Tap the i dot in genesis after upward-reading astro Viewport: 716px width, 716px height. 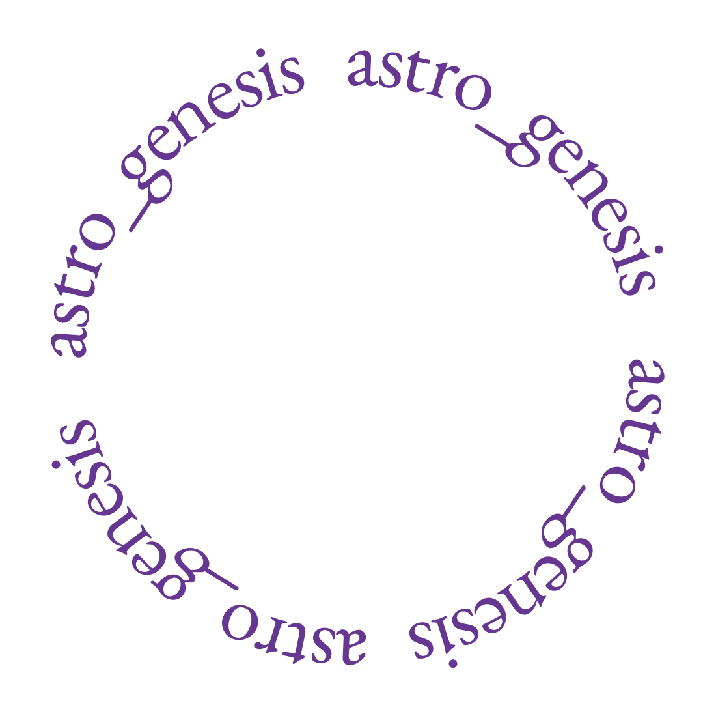coord(260,51)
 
